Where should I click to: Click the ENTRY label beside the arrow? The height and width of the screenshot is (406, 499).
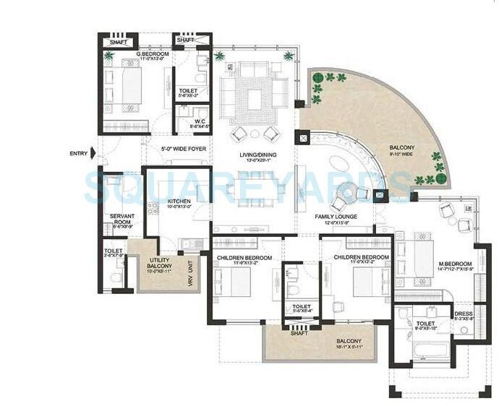[x=77, y=153]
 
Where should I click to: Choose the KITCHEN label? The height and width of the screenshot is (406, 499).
[x=179, y=202]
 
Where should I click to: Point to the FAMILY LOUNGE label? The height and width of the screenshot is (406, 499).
[x=332, y=216]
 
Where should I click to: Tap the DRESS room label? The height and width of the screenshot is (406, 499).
[x=462, y=314]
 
